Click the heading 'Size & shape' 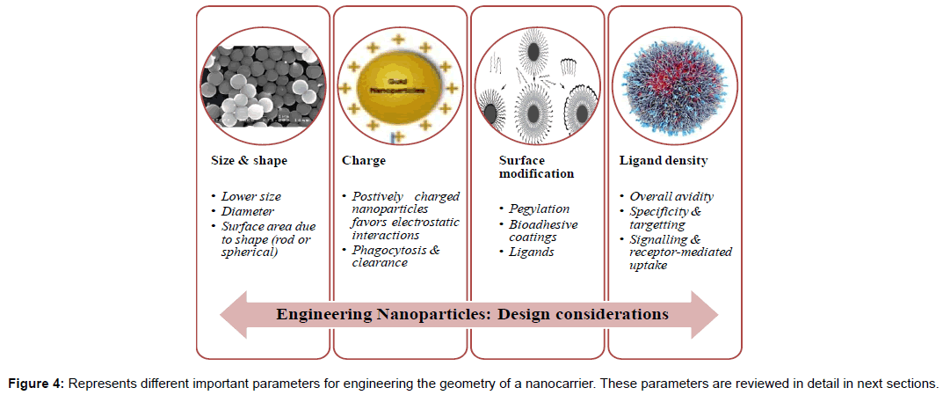tap(243, 161)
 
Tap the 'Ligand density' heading tap(663, 161)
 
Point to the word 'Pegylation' tap(539, 208)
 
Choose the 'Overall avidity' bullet tap(672, 196)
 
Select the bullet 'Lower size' tap(251, 196)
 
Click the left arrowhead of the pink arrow tap(230, 314)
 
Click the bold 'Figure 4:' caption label tap(36, 383)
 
